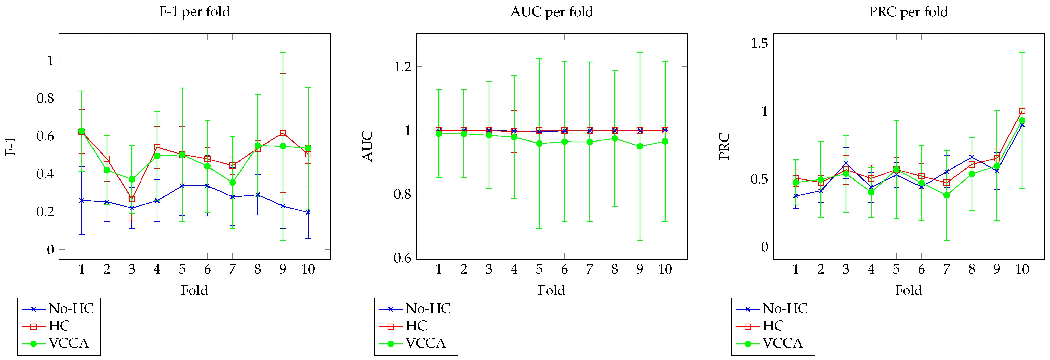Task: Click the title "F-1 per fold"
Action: point(194,12)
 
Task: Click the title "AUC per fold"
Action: point(551,12)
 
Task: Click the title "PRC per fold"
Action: point(909,12)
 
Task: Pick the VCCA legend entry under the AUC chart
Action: point(425,343)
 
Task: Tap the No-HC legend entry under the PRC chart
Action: point(785,309)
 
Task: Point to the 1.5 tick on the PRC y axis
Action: point(759,43)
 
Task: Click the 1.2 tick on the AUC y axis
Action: point(402,67)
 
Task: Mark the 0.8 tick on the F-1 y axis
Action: point(45,98)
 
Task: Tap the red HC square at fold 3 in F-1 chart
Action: point(132,199)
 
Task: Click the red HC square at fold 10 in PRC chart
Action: point(1022,111)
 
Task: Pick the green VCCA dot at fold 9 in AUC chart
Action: point(640,146)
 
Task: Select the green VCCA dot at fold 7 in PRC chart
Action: point(947,195)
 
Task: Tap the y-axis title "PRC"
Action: point(724,146)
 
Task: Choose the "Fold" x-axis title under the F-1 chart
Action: point(194,290)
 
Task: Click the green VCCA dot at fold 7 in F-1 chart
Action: point(232,183)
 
